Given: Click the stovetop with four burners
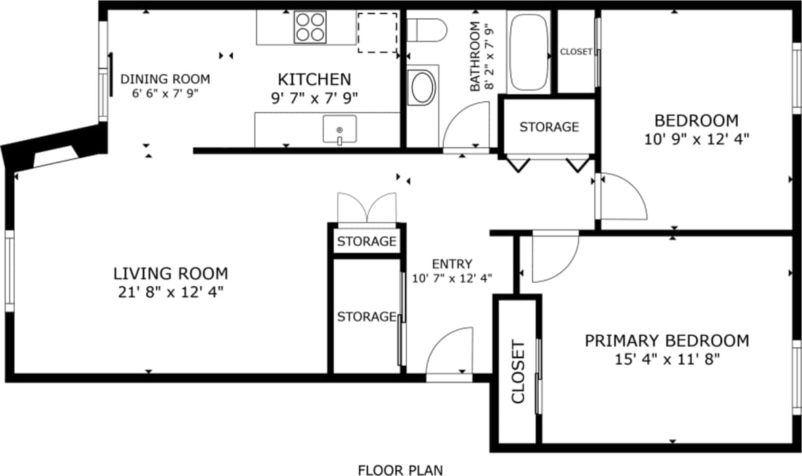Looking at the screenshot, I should (310, 28).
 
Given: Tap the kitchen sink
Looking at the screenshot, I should (339, 129).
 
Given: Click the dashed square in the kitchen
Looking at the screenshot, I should (377, 32).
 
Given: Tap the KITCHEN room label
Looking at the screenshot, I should (315, 79).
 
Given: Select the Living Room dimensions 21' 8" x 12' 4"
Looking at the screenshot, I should (170, 292).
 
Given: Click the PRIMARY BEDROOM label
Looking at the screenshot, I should (667, 340).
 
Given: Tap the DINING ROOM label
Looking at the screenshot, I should (165, 79).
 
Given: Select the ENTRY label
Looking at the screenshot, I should (452, 263).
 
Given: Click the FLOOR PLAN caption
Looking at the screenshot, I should (401, 469).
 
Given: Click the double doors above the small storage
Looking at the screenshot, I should (367, 208).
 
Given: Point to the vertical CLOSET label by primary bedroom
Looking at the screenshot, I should (518, 372).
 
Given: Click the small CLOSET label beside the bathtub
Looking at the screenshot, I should (576, 51).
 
